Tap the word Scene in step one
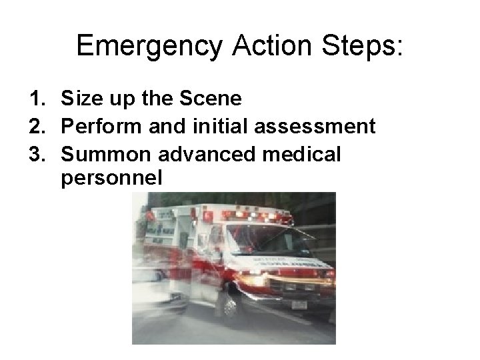point(212,100)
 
